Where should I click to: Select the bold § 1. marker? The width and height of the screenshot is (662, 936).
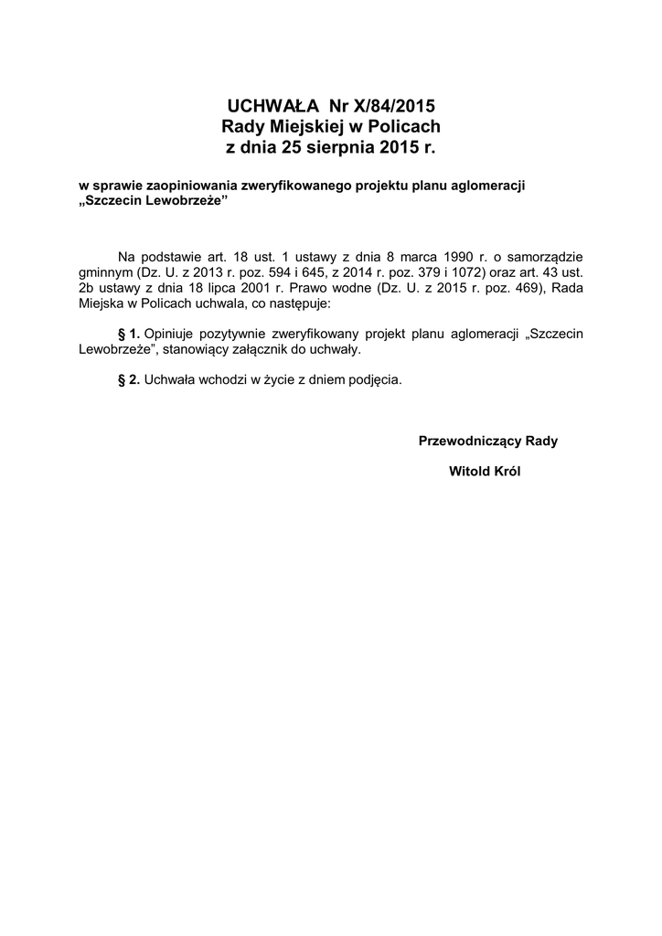pos(129,335)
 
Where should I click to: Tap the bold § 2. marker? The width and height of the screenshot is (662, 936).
pos(129,378)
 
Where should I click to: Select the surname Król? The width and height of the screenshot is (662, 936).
pos(504,472)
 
